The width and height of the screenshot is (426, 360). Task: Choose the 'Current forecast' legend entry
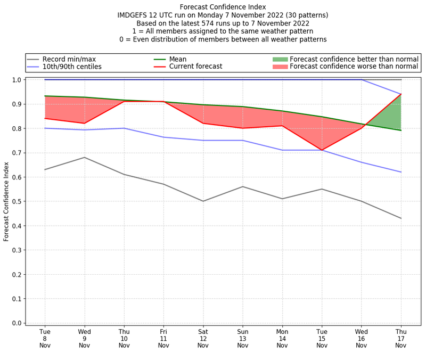195,67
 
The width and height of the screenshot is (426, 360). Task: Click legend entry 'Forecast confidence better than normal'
354,59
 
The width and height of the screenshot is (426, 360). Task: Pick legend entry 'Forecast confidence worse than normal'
354,67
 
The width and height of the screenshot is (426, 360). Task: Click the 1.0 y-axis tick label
17,80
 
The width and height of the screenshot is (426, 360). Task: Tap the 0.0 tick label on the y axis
17,323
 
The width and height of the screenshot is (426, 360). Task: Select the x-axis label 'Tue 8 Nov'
45,338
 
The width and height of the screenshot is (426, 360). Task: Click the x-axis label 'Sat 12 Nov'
203,338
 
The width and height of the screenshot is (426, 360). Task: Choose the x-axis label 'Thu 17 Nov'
400,338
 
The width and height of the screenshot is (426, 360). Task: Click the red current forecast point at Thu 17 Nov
400,94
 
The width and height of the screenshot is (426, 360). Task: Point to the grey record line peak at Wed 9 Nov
84,157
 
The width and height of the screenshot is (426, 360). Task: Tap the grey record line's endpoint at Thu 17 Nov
400,218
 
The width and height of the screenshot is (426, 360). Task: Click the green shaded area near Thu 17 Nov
394,114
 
